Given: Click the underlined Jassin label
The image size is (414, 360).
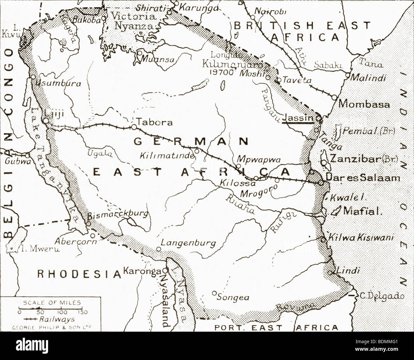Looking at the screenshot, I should point(297,118).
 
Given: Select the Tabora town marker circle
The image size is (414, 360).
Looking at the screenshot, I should point(133,127).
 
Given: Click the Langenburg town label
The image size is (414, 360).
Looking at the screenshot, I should point(188,243).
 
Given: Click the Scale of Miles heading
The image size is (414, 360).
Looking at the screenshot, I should point(52,303).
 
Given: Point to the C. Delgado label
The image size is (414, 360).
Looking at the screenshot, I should point(382,296).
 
